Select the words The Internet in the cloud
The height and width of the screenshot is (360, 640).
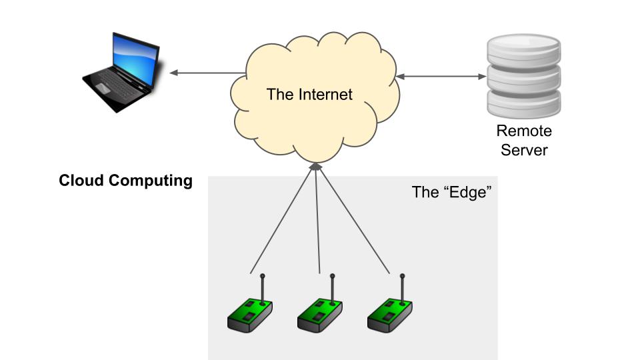coord(309,94)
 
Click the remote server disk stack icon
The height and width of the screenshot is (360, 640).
coord(523,77)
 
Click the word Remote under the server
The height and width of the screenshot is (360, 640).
coord(524,131)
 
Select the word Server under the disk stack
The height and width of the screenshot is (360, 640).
coord(524,149)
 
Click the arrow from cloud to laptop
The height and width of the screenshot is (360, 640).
coord(207,73)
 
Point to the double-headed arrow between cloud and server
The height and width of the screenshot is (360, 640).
coord(441,77)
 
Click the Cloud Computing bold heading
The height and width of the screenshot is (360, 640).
coord(125,181)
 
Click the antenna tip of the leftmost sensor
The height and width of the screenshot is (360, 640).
coord(262,275)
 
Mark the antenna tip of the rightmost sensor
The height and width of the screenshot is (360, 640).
coord(402,275)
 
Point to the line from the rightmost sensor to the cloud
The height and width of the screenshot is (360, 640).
coord(353,220)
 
